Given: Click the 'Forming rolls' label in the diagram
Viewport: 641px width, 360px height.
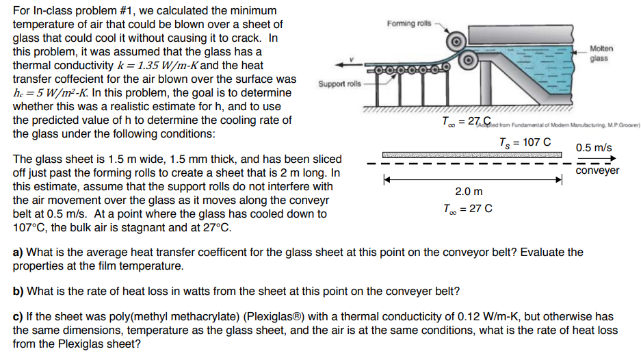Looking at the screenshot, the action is tap(409, 24).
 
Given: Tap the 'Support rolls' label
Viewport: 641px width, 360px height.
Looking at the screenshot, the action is tap(338, 83).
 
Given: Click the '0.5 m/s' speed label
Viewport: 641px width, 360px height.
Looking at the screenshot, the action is tap(594, 147).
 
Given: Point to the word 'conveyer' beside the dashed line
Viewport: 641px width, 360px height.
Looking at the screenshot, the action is tap(597, 170).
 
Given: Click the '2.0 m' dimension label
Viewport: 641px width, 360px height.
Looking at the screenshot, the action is tap(469, 192).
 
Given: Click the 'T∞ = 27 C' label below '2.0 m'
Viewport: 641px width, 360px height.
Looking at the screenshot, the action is tap(468, 208).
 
